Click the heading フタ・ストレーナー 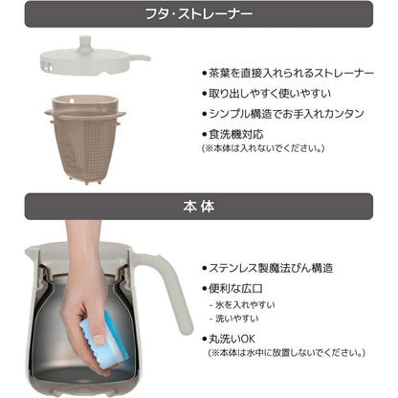tap(198, 16)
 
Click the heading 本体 tap(198, 206)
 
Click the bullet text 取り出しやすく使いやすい tap(263, 94)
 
